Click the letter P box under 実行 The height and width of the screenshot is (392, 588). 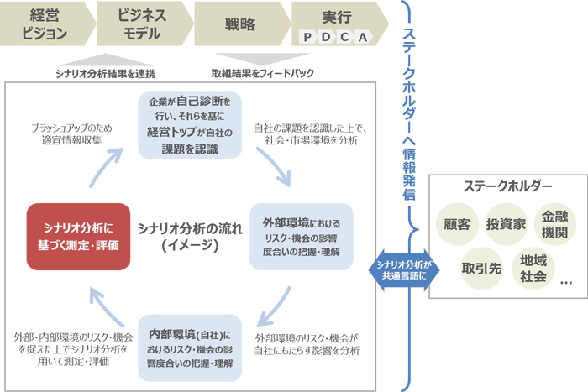point(307,37)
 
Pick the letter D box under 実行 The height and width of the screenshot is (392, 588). point(326,37)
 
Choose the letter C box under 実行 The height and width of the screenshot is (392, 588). point(344,37)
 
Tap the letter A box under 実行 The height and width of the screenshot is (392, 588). point(363,37)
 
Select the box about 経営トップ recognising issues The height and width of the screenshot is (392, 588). point(190,124)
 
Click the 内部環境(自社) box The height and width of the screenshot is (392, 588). point(190,346)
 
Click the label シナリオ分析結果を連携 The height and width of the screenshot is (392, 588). point(105,73)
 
